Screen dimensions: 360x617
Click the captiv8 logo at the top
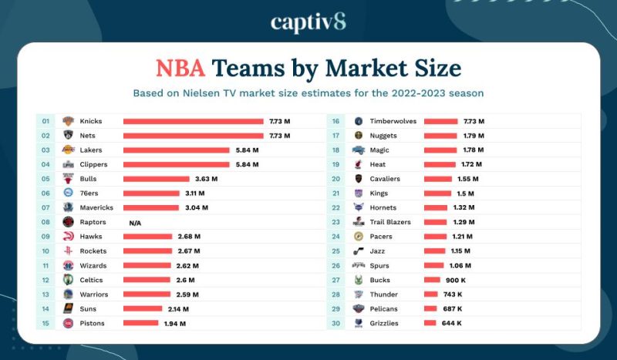[308, 22]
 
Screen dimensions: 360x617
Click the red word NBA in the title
[180, 68]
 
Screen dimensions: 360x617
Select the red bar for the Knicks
[193, 121]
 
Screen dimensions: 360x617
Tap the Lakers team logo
[68, 150]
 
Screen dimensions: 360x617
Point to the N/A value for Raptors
[135, 222]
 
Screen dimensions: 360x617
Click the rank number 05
[46, 179]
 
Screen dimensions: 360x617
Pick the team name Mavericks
[96, 207]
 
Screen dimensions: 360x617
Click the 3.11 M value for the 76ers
[195, 193]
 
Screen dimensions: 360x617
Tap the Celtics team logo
[68, 280]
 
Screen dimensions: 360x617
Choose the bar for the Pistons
[141, 323]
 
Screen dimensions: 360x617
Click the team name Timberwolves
[394, 121]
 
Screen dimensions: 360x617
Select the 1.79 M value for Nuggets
[473, 136]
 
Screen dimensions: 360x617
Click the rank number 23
[336, 222]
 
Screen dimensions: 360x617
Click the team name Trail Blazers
[390, 222]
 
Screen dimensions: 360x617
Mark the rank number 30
[336, 323]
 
